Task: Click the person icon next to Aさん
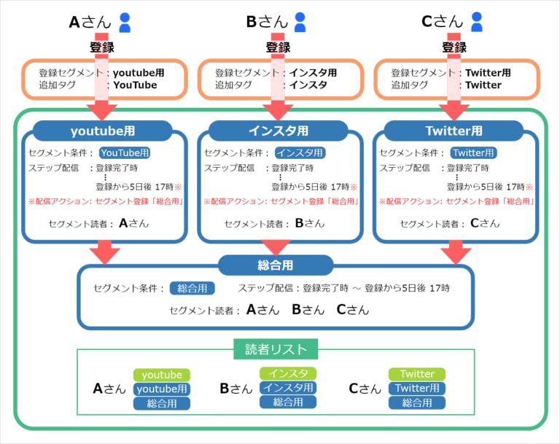click(125, 23)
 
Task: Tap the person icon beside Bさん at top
click(300, 23)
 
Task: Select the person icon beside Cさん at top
click(477, 23)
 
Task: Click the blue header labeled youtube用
click(102, 131)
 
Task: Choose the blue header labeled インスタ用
click(277, 131)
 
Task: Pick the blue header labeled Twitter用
click(454, 131)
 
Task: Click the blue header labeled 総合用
click(276, 265)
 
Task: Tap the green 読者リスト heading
click(276, 349)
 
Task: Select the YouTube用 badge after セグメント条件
click(125, 153)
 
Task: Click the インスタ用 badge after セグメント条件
click(300, 153)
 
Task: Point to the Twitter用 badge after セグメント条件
click(474, 153)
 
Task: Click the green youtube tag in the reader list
click(161, 375)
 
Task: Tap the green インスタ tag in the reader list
click(287, 373)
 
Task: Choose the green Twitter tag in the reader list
click(417, 374)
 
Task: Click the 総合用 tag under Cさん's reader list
click(417, 402)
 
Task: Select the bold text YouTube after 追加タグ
click(135, 85)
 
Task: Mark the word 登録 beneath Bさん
click(277, 47)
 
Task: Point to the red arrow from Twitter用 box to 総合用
click(456, 252)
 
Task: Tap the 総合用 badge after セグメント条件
click(192, 289)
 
